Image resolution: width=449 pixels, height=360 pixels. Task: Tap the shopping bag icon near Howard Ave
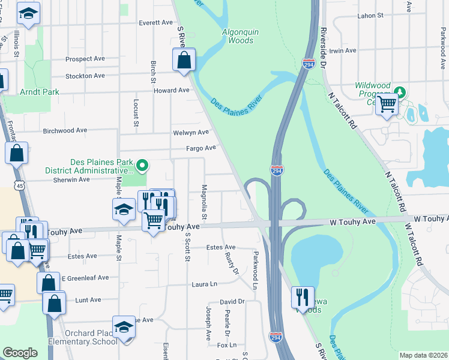[x=183, y=60]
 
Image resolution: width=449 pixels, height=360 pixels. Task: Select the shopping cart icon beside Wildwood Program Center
[x=387, y=104]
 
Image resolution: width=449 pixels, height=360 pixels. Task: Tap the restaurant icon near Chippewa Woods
[x=302, y=297]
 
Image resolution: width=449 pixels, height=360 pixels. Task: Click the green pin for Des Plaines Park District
[x=142, y=164]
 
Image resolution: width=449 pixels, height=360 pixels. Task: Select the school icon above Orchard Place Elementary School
[x=124, y=328]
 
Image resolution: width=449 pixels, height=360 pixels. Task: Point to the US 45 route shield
[x=20, y=186]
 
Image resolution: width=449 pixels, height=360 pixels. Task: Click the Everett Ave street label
[x=155, y=23]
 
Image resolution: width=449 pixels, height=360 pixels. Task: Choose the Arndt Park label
[x=39, y=92]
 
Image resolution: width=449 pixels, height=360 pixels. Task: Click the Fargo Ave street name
[x=201, y=148]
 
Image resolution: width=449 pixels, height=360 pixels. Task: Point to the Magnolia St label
[x=204, y=201]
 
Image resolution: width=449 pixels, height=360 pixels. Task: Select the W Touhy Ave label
[x=352, y=222]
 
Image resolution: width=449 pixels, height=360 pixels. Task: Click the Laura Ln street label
[x=203, y=284]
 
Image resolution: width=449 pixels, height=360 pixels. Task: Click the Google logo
[x=20, y=353]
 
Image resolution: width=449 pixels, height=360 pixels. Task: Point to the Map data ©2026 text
[x=423, y=355]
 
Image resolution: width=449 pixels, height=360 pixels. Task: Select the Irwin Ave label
[x=343, y=51]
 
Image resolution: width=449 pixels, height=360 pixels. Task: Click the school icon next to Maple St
[x=123, y=211]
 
